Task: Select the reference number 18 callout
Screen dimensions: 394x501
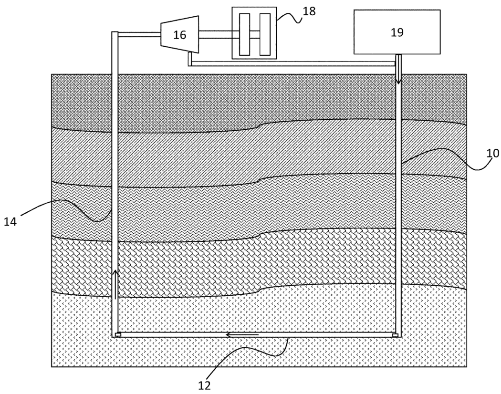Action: coord(309,11)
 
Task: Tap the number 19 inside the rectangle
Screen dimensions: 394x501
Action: coord(397,32)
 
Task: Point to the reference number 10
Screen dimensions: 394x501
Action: coord(492,153)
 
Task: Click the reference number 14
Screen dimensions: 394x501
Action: coord(10,221)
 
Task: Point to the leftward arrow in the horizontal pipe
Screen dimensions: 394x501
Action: coord(242,334)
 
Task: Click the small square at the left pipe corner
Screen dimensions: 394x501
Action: coord(118,334)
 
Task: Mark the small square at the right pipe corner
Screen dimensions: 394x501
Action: coord(395,335)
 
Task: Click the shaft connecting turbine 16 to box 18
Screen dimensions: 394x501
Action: coord(215,34)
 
